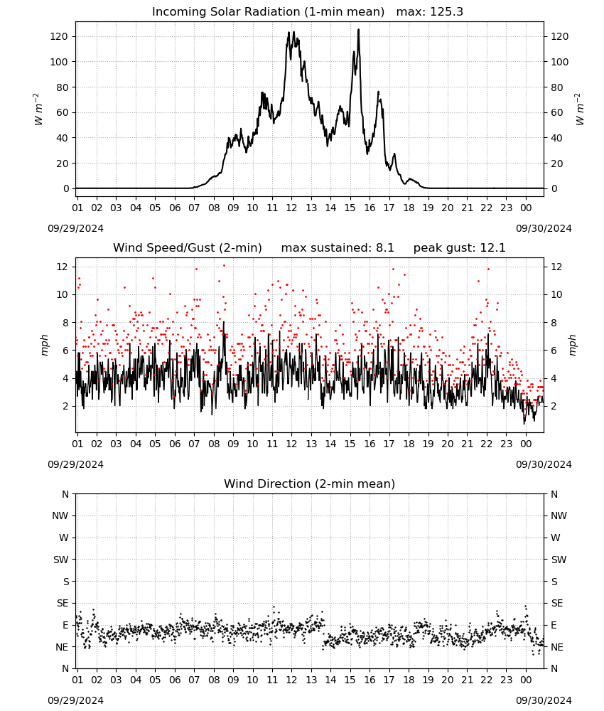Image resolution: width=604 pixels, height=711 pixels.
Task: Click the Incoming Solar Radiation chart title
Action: click(x=268, y=12)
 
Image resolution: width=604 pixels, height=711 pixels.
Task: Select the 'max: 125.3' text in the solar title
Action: click(x=430, y=12)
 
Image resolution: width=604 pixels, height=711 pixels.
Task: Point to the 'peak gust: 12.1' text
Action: click(x=459, y=248)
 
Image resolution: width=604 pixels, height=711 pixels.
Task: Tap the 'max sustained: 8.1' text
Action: click(x=338, y=248)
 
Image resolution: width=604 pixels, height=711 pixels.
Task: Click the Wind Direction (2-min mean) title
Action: click(x=310, y=483)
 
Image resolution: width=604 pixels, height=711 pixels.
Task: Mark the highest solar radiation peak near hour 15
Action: click(x=358, y=29)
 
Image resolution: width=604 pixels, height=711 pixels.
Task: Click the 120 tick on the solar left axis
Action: click(x=60, y=36)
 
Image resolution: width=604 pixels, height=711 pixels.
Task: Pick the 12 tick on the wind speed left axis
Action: click(x=62, y=267)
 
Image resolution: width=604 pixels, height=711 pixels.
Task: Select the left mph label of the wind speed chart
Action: click(x=44, y=345)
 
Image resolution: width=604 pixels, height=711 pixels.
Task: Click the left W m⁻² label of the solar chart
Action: click(x=38, y=109)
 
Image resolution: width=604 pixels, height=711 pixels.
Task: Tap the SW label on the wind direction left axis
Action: click(x=60, y=560)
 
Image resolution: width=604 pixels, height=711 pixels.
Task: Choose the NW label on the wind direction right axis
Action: click(x=559, y=515)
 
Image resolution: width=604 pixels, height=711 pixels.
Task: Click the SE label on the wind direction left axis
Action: click(x=63, y=603)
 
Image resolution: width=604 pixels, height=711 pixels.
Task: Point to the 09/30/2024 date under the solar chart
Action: click(x=544, y=228)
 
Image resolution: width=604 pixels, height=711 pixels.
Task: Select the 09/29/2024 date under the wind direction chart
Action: click(x=75, y=700)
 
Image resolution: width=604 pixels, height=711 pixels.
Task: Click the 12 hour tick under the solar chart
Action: click(x=291, y=208)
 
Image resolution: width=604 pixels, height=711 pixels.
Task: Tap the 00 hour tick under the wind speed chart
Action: click(x=526, y=444)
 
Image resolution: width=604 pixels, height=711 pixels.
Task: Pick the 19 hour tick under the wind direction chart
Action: click(x=428, y=680)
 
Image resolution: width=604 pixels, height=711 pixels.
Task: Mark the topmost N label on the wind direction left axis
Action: click(x=65, y=494)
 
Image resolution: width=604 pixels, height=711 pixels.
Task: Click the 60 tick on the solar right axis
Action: click(x=556, y=112)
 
